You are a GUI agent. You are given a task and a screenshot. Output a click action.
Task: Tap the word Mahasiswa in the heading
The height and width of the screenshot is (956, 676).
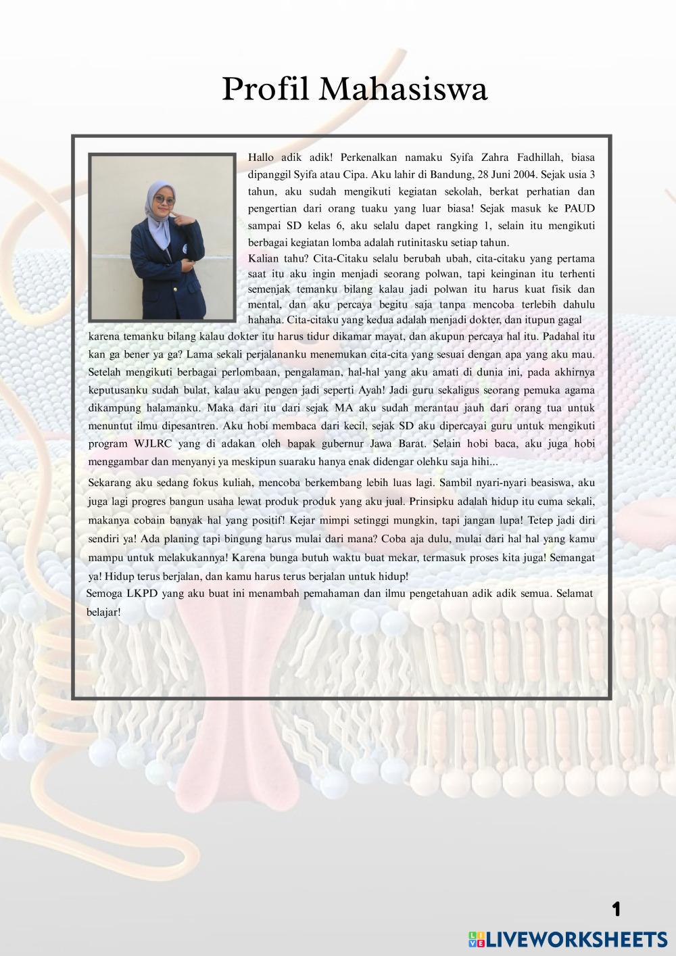coord(404,90)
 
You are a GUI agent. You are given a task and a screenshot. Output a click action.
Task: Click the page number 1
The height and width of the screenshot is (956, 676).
coord(616,909)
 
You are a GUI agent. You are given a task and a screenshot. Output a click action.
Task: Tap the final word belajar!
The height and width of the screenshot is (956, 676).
coord(103,613)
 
